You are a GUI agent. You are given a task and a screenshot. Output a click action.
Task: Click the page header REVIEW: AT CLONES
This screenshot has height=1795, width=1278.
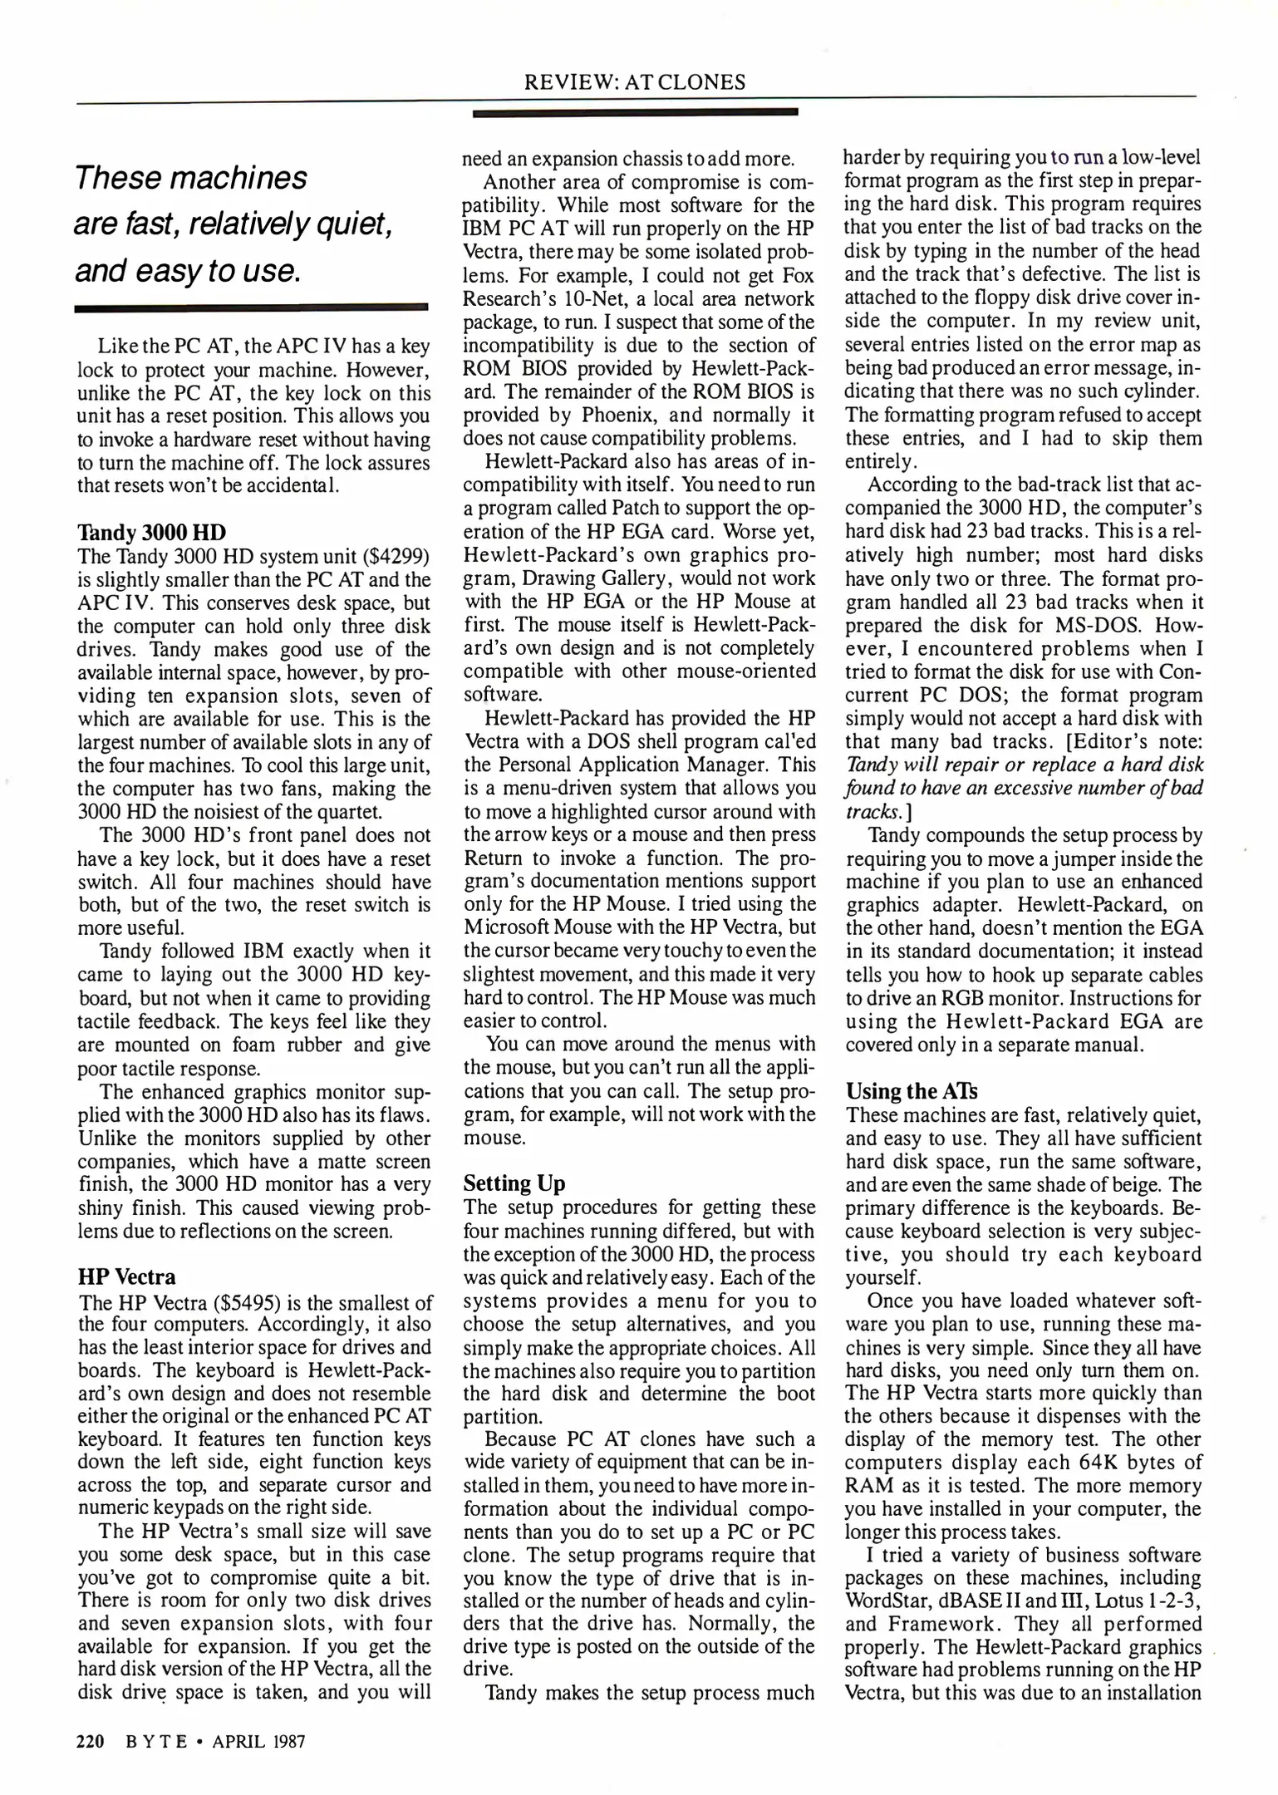[635, 82]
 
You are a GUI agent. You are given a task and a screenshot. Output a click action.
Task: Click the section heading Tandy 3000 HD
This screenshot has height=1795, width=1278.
[151, 533]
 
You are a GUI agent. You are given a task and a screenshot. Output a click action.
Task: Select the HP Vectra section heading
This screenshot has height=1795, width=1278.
[127, 1276]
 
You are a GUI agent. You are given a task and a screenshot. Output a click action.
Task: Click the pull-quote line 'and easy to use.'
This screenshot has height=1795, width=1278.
[188, 271]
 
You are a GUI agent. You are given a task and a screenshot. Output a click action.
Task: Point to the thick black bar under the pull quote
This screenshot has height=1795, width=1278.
[251, 308]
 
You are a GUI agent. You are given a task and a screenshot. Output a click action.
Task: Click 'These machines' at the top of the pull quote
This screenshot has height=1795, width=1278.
[191, 177]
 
